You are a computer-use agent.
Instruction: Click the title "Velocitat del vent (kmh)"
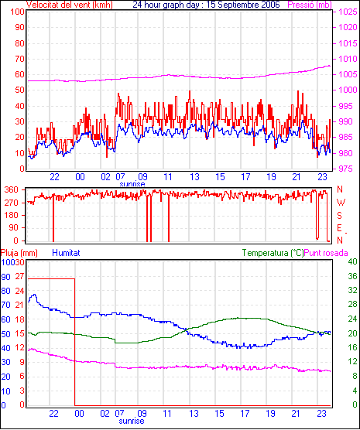point(70,5)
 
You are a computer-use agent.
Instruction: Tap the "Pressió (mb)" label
point(310,5)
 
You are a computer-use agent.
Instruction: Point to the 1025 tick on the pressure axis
point(348,12)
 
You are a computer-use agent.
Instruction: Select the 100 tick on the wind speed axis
point(17,12)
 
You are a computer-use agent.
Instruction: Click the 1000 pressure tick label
point(348,90)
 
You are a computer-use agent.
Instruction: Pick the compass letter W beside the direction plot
point(341,203)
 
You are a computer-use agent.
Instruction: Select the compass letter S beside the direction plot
point(339,216)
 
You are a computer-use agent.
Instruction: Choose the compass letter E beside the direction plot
point(339,228)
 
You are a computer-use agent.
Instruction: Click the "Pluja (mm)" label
point(19,253)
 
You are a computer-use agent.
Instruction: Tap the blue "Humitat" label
point(66,253)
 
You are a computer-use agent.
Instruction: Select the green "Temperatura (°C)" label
point(273,253)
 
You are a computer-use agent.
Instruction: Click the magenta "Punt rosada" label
point(326,253)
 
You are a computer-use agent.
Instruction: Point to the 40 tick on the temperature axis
point(352,261)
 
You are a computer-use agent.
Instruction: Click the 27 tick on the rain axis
point(19,276)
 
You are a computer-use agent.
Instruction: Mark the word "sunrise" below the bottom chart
point(132,421)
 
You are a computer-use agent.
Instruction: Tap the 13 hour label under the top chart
point(194,177)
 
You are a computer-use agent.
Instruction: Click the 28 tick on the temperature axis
point(352,305)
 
